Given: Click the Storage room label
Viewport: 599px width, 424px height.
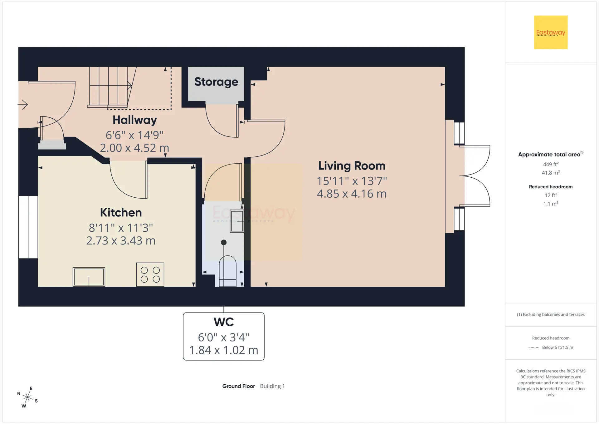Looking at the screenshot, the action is (216, 82).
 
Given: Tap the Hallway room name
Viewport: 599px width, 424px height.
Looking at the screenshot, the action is (134, 120).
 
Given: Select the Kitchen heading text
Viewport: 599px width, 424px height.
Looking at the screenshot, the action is (121, 213).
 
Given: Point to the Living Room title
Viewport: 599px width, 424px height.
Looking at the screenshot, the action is (352, 166).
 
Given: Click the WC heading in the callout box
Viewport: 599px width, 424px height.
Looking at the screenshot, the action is (224, 322).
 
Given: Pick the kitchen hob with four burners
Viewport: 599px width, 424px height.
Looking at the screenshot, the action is (150, 274).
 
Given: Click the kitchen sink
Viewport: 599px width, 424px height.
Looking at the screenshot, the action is (89, 277).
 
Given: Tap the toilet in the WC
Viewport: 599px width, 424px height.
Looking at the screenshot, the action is (228, 271).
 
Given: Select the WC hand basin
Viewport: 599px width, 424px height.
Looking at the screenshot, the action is (237, 221).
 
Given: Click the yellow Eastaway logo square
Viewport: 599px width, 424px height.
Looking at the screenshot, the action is (551, 32).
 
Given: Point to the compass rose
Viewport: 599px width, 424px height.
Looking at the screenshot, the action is (27, 397).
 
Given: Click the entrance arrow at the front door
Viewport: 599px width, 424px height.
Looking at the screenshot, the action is (23, 105).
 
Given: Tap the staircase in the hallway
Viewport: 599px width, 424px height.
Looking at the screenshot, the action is (109, 87).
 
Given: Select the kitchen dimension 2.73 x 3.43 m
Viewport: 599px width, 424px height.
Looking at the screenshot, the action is (121, 241).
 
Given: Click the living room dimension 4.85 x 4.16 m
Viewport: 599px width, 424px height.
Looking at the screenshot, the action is (352, 194).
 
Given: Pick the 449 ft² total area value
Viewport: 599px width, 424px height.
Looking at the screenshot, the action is (551, 164).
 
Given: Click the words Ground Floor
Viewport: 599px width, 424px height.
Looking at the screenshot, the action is (239, 386).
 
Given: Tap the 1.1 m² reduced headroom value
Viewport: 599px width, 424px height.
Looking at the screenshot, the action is (551, 204).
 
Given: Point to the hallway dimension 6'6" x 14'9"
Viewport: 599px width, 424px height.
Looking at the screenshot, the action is (134, 135).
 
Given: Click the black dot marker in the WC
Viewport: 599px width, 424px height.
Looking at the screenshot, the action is (224, 242).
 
